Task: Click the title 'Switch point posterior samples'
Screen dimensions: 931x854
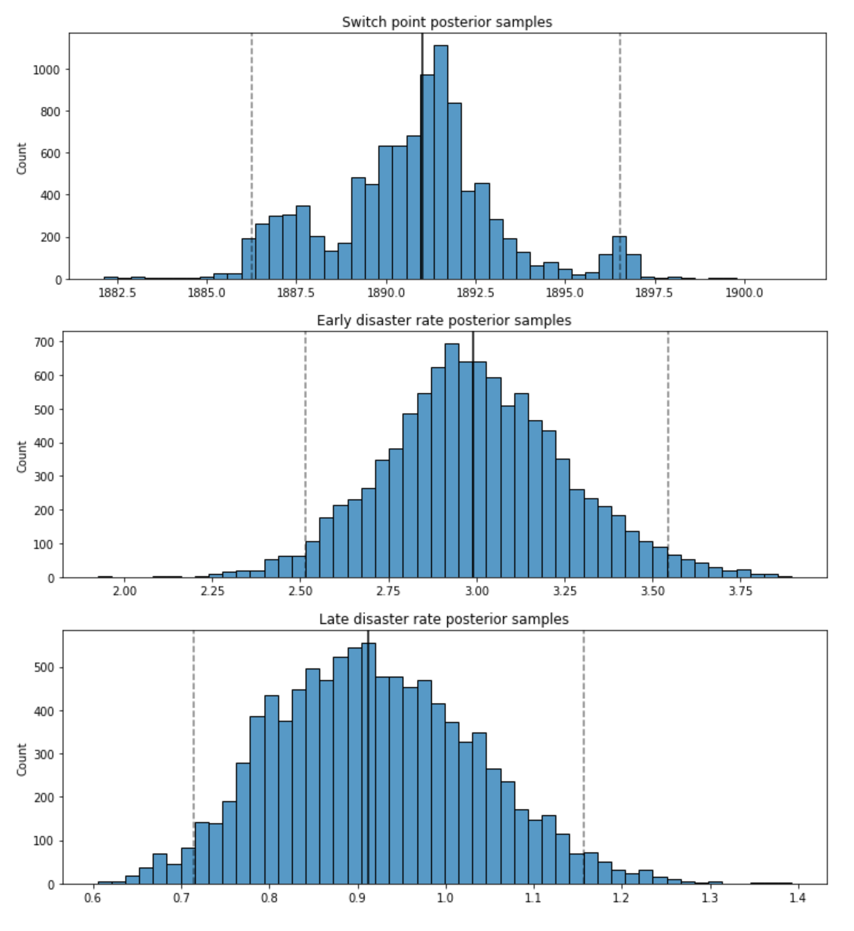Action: (x=447, y=22)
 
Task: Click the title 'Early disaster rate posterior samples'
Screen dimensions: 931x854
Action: (x=444, y=321)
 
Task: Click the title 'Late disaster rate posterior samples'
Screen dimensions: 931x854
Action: (x=444, y=619)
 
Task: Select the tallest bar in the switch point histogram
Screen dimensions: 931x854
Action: (x=440, y=162)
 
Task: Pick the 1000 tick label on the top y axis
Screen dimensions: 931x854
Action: (x=46, y=70)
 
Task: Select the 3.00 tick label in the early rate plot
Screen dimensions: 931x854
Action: (x=477, y=592)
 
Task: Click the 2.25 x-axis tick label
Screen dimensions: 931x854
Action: (x=212, y=592)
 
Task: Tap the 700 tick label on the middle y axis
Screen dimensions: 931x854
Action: (x=44, y=342)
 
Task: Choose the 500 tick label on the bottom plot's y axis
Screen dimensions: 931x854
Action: (x=44, y=668)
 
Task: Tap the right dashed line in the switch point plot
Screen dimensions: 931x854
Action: (x=620, y=138)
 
